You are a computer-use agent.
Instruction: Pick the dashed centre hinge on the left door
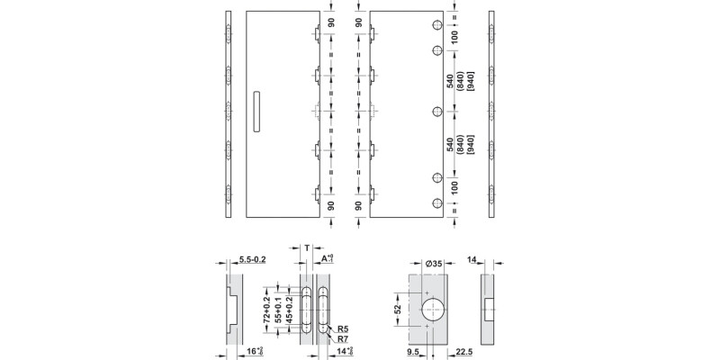tap(317, 113)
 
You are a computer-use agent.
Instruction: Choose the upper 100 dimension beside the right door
tap(454, 38)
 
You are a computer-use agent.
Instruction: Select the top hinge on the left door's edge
tap(317, 36)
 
